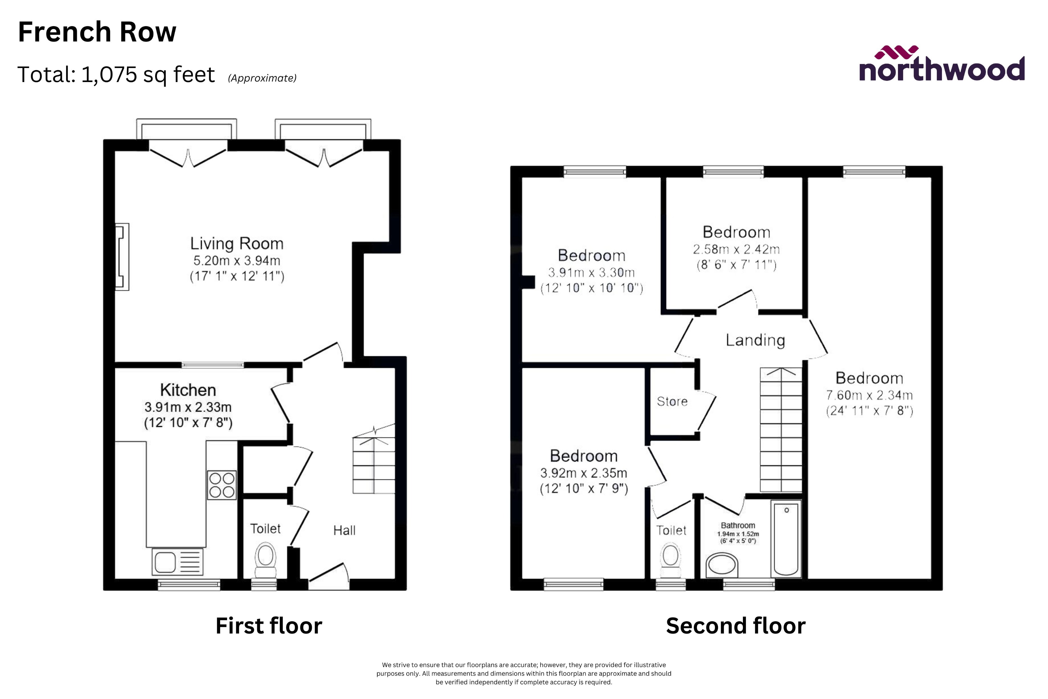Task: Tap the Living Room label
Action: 237,243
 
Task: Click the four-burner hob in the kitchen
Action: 222,485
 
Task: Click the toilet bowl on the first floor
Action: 266,559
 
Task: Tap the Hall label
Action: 344,530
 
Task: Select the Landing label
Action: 755,340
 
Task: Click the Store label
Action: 672,401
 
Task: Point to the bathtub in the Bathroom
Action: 786,539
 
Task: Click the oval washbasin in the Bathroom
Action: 722,565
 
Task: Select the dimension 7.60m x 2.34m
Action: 869,395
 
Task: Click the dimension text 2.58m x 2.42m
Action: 736,249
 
